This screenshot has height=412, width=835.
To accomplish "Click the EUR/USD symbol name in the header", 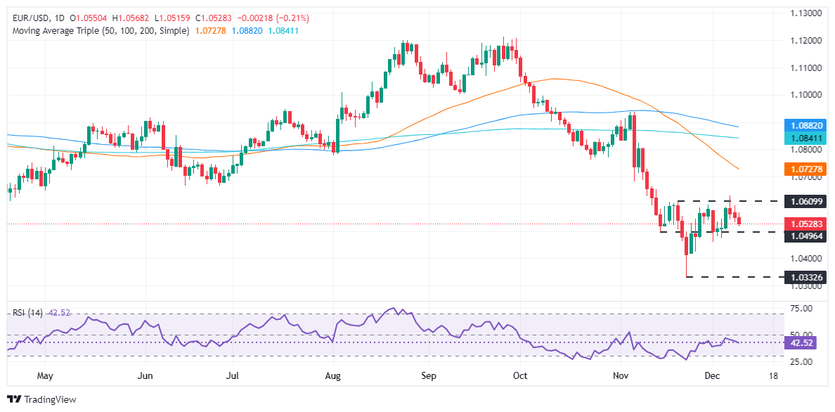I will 28,18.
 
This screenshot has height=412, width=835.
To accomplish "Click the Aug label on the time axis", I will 333,376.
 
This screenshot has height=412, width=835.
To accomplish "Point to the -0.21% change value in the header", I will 294,18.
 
